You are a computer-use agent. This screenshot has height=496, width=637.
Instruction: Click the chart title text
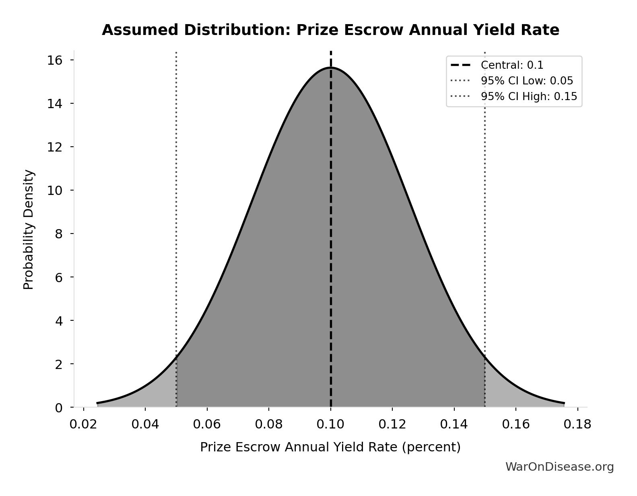coord(330,30)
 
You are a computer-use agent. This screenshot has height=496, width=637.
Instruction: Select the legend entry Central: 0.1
coord(512,65)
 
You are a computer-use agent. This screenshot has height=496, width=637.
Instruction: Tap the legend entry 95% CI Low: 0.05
coord(527,81)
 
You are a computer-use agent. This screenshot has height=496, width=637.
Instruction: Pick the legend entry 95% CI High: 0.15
coord(529,96)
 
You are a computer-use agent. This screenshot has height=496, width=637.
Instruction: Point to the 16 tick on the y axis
coord(55,60)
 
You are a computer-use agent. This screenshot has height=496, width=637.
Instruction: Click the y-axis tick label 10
coord(55,191)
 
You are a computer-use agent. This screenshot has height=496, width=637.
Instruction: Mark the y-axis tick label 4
coord(59,321)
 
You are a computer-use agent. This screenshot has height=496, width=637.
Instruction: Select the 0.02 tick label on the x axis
coord(83,424)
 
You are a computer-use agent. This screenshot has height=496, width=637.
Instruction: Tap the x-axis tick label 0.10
coord(330,424)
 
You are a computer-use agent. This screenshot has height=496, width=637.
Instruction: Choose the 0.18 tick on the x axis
coord(577,424)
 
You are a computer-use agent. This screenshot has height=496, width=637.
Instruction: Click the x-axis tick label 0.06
coord(207,424)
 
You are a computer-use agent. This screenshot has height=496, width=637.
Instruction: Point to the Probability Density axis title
coord(29,230)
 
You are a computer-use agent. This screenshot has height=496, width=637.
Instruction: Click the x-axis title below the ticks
coord(330,447)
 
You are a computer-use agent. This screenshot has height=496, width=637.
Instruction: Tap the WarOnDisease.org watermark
coord(559,467)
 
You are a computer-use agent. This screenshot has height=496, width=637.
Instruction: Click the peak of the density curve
coord(331,68)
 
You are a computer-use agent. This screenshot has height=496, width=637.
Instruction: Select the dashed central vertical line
coord(331,241)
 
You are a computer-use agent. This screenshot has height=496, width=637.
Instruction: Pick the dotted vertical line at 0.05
coord(176,201)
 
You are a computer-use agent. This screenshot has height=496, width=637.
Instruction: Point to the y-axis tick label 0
coord(59,408)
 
